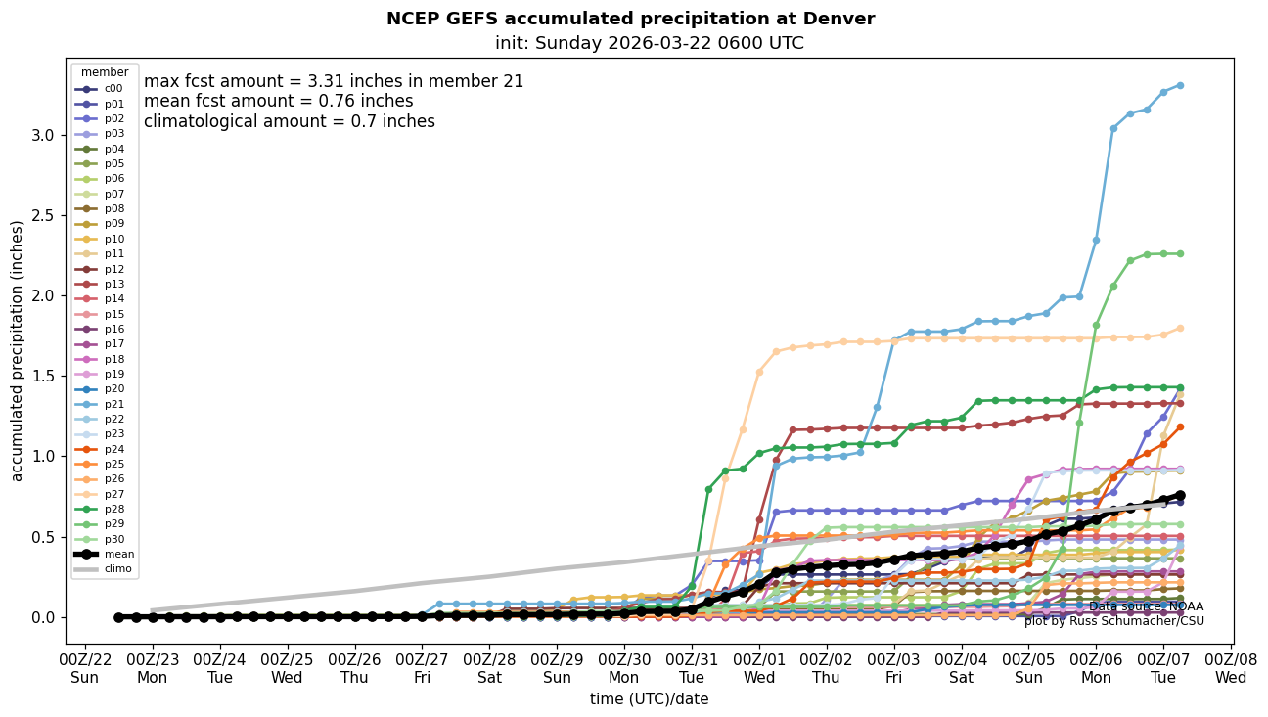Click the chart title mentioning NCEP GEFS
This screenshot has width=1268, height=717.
click(x=630, y=19)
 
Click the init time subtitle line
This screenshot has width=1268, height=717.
click(x=650, y=43)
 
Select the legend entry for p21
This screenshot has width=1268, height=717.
click(x=114, y=404)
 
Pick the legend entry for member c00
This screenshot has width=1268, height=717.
click(x=113, y=89)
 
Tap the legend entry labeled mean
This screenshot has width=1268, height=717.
click(x=118, y=554)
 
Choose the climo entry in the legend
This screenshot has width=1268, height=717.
click(x=118, y=568)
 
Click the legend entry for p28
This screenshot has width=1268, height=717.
click(x=114, y=509)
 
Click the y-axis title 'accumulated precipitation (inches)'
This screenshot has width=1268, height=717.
click(x=18, y=350)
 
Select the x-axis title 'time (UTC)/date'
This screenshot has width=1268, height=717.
click(x=649, y=699)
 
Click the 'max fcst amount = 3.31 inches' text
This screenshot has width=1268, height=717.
click(x=334, y=82)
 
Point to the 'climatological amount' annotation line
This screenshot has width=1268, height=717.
click(x=290, y=122)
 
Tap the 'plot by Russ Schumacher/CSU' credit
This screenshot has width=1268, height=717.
click(x=1113, y=621)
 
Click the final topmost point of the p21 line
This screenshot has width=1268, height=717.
click(x=1180, y=86)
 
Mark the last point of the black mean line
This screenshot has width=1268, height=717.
click(x=1180, y=496)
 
